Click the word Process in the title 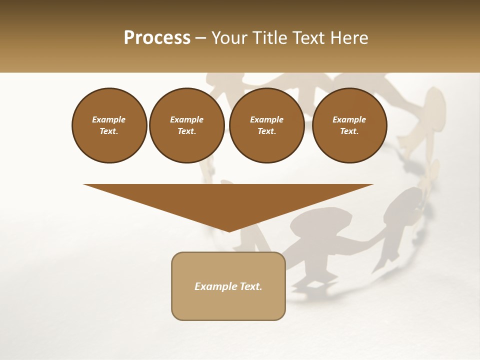coord(157,38)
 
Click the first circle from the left coord(109,125)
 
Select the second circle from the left coord(186,125)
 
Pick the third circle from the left coord(266,125)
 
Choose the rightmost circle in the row coord(349,125)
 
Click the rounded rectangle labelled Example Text coord(228,286)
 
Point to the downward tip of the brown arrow coord(229,230)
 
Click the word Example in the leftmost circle coord(109,119)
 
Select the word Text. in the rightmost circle coord(349,131)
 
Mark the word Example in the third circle coord(266,119)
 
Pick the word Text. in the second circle coord(186,131)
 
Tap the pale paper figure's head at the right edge coord(434,100)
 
